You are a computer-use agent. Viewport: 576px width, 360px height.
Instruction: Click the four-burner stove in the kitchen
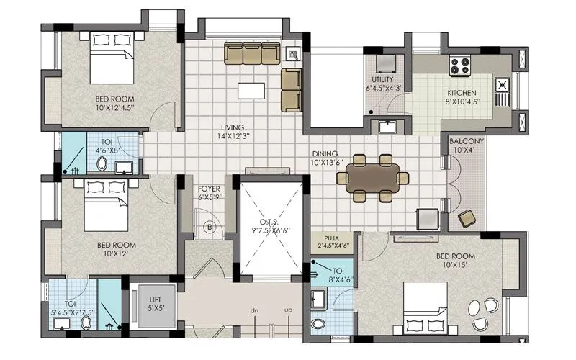click(x=459, y=67)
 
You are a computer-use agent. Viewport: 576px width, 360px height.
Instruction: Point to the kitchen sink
click(x=502, y=89)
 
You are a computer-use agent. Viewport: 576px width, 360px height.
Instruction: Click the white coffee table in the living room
click(x=251, y=91)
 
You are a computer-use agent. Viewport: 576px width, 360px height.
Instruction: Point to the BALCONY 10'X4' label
click(x=466, y=145)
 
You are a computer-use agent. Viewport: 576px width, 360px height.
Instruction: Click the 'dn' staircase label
click(x=254, y=310)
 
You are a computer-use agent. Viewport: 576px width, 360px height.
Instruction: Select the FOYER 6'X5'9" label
click(x=209, y=192)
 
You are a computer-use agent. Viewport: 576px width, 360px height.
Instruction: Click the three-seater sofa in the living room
click(x=251, y=53)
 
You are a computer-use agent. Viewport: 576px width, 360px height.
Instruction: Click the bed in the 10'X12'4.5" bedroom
click(x=110, y=66)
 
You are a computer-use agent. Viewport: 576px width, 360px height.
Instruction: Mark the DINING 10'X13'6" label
click(x=327, y=158)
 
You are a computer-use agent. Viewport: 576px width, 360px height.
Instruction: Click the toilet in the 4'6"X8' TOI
click(x=102, y=166)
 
